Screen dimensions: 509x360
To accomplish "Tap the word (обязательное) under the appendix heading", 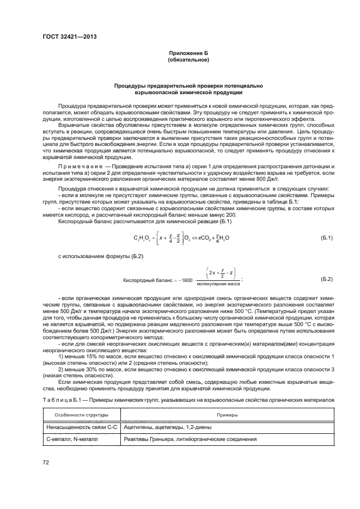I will tap(188, 59).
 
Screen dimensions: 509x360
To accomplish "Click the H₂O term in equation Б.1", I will tap(237, 238).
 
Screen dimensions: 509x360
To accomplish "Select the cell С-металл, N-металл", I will tap(66, 439).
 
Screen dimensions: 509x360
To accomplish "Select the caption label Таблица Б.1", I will tap(59, 400).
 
